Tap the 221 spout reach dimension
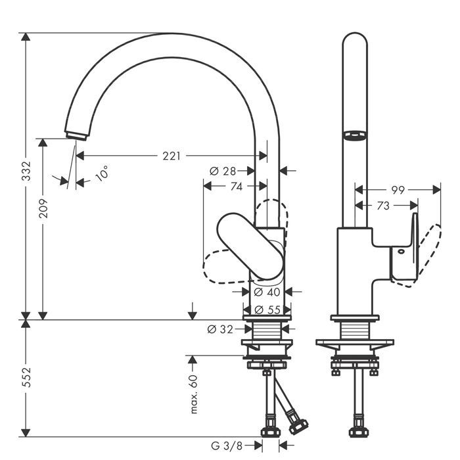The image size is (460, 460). (x=172, y=156)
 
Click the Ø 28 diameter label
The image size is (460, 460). (x=223, y=171)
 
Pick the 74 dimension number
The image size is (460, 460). (x=235, y=187)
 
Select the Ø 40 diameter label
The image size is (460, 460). (x=267, y=291)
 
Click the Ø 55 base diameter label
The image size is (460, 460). (x=267, y=310)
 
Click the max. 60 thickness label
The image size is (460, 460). (x=194, y=394)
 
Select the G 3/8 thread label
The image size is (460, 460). (x=229, y=446)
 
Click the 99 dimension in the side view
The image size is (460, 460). (x=398, y=190)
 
